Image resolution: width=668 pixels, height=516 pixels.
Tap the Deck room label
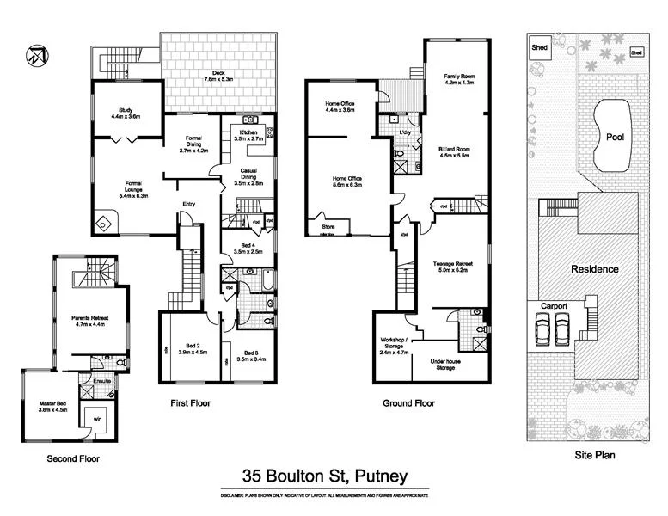pyautogui.click(x=215, y=76)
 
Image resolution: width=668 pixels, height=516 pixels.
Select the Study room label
pyautogui.click(x=126, y=112)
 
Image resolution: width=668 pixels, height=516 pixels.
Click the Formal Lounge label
pyautogui.click(x=134, y=188)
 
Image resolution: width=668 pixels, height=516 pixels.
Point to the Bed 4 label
pyautogui.click(x=248, y=249)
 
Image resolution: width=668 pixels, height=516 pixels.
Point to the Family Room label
pyautogui.click(x=459, y=81)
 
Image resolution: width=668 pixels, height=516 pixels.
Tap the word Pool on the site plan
pyautogui.click(x=614, y=138)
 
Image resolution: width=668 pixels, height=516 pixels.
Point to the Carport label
pyautogui.click(x=554, y=306)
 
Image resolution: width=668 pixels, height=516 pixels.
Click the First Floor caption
pyautogui.click(x=190, y=403)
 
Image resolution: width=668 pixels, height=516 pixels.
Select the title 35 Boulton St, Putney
pyautogui.click(x=324, y=475)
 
